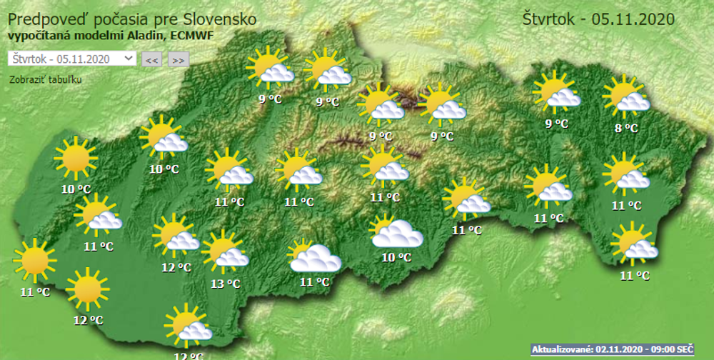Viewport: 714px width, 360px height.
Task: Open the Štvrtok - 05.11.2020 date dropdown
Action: click(72, 59)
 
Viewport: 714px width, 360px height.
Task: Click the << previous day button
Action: click(151, 60)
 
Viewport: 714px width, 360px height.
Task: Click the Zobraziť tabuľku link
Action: click(46, 79)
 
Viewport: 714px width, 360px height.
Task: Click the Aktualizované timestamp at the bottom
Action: click(612, 349)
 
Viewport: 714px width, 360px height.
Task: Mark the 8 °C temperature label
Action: click(626, 129)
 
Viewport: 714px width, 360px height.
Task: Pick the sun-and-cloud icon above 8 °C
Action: click(626, 97)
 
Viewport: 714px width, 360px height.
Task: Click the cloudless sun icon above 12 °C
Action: click(87, 289)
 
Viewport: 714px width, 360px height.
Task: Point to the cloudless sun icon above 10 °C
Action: click(75, 159)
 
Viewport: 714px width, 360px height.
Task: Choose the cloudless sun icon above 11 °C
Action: click(34, 261)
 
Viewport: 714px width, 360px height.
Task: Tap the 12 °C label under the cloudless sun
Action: click(89, 320)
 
